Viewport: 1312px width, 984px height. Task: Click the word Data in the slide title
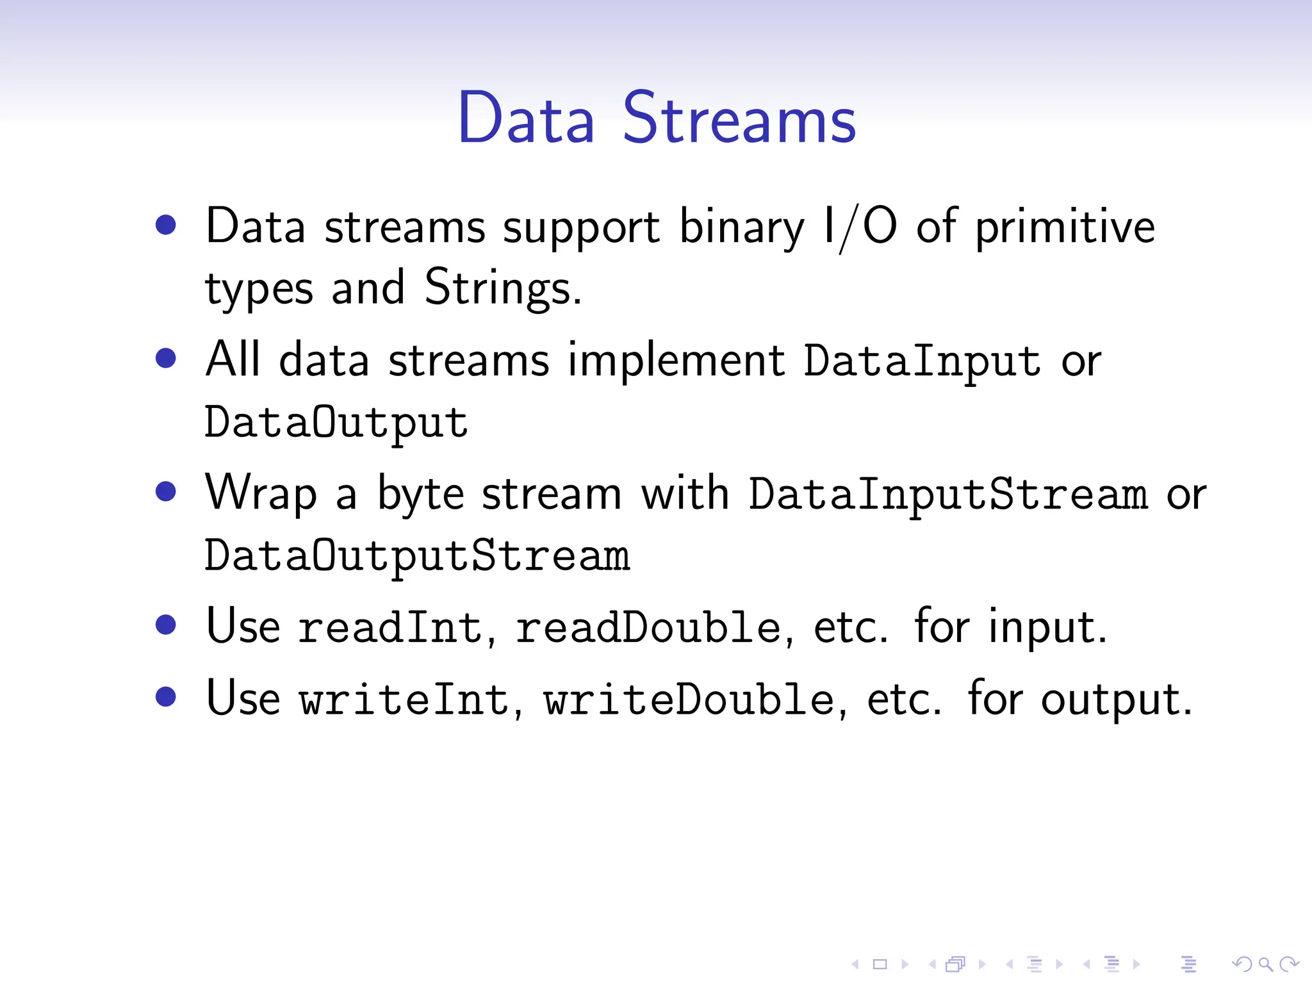pos(526,119)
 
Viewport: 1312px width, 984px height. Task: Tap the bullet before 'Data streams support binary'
pos(166,225)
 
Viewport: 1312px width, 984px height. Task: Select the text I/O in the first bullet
pos(860,227)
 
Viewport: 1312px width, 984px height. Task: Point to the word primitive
pos(1065,227)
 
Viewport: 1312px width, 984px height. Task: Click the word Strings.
pos(502,288)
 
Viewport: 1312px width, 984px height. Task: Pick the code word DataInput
pos(922,361)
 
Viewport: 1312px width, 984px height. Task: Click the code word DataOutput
pos(336,423)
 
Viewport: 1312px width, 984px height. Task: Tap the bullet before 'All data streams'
pos(166,358)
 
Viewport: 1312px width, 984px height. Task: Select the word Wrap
pos(261,493)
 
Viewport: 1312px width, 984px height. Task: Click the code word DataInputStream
pos(949,495)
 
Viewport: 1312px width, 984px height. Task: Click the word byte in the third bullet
pos(420,495)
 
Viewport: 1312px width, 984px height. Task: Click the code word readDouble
pos(648,627)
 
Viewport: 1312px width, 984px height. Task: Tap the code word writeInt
pos(404,699)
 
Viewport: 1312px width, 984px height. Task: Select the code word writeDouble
pos(689,699)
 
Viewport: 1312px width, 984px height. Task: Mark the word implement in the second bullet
pos(676,361)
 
